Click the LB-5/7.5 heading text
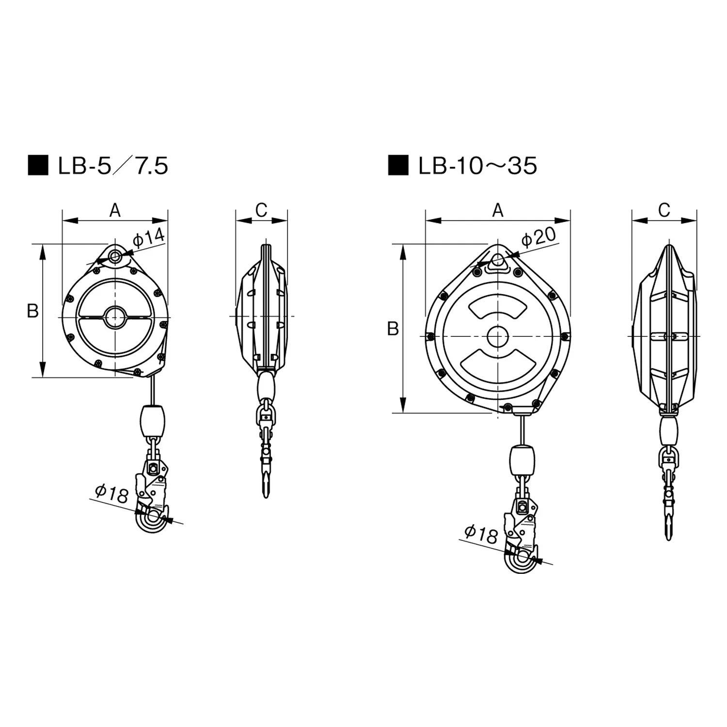click(113, 166)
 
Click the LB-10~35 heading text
click(478, 166)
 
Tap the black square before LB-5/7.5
click(38, 166)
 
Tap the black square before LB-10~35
click(398, 166)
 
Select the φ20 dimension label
click(538, 237)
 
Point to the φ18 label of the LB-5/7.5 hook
click(112, 493)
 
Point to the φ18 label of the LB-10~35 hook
click(481, 534)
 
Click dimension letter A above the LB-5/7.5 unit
click(115, 210)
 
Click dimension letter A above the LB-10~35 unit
click(498, 210)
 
